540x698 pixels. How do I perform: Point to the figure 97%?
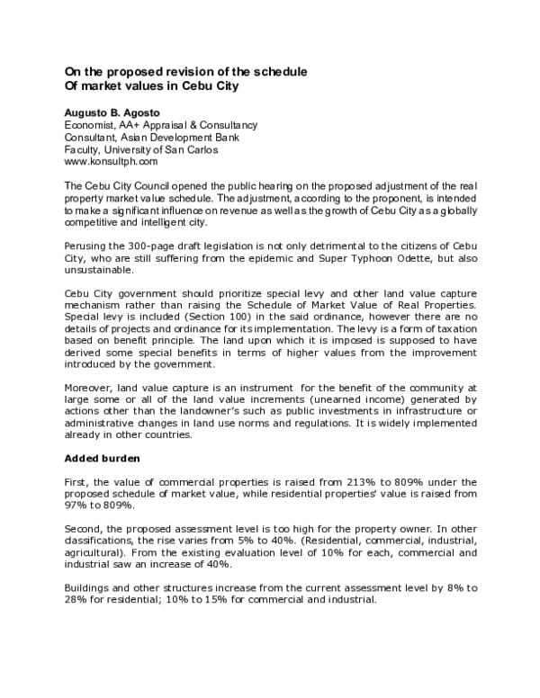(77, 506)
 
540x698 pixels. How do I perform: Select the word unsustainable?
(97, 271)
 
